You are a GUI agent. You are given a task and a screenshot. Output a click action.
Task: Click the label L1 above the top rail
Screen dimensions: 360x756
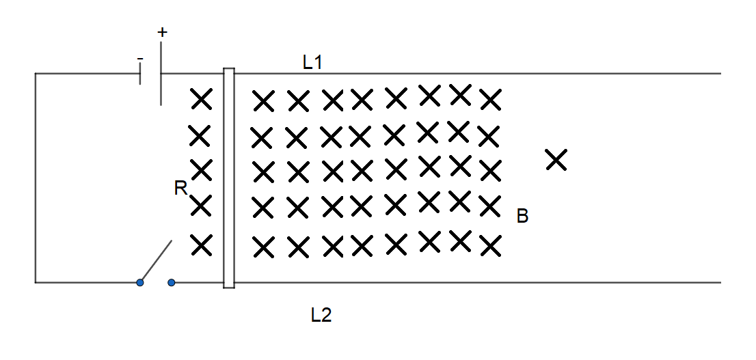tap(312, 63)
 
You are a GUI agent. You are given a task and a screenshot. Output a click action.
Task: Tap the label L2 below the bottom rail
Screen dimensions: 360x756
tap(321, 315)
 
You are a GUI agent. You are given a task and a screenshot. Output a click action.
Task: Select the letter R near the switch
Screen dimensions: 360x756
tap(180, 189)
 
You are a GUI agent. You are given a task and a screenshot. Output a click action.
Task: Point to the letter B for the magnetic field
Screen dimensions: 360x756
tap(522, 217)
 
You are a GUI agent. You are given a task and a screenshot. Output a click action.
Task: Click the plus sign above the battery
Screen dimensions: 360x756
tap(162, 32)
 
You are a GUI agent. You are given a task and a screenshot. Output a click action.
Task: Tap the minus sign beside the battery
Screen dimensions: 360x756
tap(139, 60)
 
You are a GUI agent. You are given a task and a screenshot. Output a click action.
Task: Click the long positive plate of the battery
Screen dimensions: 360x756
tap(161, 74)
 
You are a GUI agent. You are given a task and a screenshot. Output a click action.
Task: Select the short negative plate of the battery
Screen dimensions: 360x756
tap(140, 74)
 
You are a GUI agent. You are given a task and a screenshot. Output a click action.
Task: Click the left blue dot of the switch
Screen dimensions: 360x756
tap(140, 282)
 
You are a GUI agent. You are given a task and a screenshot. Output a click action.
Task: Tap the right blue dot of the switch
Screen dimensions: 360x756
tap(172, 282)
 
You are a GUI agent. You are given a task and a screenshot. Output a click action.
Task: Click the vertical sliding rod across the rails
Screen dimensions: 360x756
tap(229, 178)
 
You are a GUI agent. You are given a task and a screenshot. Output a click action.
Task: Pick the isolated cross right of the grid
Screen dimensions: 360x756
tap(556, 160)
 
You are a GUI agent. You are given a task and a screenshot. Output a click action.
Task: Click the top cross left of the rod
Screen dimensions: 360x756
tap(201, 100)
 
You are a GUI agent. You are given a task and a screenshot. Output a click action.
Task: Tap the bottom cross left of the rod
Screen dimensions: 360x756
tap(201, 244)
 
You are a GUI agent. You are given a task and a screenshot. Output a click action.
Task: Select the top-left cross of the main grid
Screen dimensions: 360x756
tap(262, 102)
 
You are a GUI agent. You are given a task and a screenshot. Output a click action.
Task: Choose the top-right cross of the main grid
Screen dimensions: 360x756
tap(490, 100)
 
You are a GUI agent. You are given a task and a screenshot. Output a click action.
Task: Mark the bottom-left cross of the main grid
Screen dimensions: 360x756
tap(262, 247)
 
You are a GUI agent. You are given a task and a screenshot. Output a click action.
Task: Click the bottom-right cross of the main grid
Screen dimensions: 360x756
tap(490, 246)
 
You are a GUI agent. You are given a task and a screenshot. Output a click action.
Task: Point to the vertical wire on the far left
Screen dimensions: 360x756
tap(36, 178)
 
